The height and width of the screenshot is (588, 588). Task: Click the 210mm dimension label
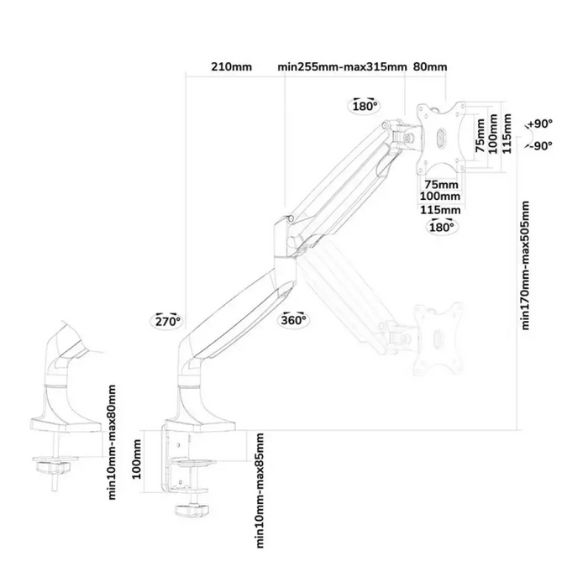(231, 66)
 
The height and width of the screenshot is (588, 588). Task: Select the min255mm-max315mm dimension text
(342, 66)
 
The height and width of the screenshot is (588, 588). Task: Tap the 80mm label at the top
(430, 66)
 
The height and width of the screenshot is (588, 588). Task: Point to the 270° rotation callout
(168, 321)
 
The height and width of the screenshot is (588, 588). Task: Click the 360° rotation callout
(294, 320)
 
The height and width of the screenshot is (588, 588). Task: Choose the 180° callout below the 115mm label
(441, 227)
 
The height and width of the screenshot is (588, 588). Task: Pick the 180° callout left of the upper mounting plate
(365, 106)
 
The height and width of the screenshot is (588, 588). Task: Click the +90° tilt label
(540, 123)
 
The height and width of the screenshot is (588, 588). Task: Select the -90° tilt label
(540, 145)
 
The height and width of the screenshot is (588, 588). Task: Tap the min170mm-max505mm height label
(525, 265)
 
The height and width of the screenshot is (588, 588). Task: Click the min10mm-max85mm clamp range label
(260, 491)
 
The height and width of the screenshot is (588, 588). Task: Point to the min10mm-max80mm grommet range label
(112, 442)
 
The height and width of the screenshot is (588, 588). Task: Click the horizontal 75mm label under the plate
(441, 185)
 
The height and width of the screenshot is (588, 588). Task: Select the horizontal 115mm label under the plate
(440, 210)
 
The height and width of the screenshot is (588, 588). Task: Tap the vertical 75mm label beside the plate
(480, 135)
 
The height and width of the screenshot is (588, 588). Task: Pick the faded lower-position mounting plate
(438, 339)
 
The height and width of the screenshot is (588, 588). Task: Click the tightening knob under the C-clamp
(192, 511)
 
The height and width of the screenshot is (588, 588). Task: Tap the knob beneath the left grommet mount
(53, 467)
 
